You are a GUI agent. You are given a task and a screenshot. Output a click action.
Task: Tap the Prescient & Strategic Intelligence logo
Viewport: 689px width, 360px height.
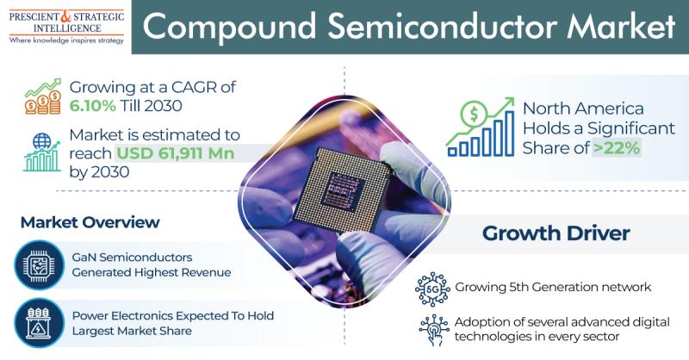pos(66,28)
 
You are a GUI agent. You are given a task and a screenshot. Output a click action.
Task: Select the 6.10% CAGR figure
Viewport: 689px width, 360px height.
pos(93,105)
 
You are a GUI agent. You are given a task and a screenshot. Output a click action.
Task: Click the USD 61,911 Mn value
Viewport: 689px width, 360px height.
pos(175,153)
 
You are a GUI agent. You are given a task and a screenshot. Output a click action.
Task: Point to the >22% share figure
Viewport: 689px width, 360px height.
pos(616,148)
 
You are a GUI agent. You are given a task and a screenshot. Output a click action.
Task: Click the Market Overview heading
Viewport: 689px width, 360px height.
pos(90,222)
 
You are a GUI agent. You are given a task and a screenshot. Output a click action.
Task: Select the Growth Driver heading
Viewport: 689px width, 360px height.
pos(556,233)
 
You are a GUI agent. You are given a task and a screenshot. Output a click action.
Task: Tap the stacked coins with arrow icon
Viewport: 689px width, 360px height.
pos(42,96)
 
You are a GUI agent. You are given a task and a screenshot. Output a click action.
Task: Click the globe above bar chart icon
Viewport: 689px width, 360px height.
pos(41,152)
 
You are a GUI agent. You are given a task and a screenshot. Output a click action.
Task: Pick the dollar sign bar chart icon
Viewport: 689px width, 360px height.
pos(480,127)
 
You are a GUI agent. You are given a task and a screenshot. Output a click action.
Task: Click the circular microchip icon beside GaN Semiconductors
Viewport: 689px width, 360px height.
pos(39,264)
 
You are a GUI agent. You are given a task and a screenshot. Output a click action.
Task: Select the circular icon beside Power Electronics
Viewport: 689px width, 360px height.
pos(39,323)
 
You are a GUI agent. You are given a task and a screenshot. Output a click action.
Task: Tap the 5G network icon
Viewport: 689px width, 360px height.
pos(432,289)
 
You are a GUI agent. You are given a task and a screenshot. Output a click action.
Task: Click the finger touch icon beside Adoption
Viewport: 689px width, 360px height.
pos(434,330)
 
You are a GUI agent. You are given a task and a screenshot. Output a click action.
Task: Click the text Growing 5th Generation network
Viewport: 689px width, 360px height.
pos(553,287)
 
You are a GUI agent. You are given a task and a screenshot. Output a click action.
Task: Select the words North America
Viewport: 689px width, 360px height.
pos(583,109)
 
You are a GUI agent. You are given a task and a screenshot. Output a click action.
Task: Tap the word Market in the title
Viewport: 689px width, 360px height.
pos(620,27)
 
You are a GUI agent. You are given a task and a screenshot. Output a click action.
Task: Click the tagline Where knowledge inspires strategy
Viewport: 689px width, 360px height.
pos(66,40)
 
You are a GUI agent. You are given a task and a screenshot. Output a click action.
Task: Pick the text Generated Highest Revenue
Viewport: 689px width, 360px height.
pos(152,272)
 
